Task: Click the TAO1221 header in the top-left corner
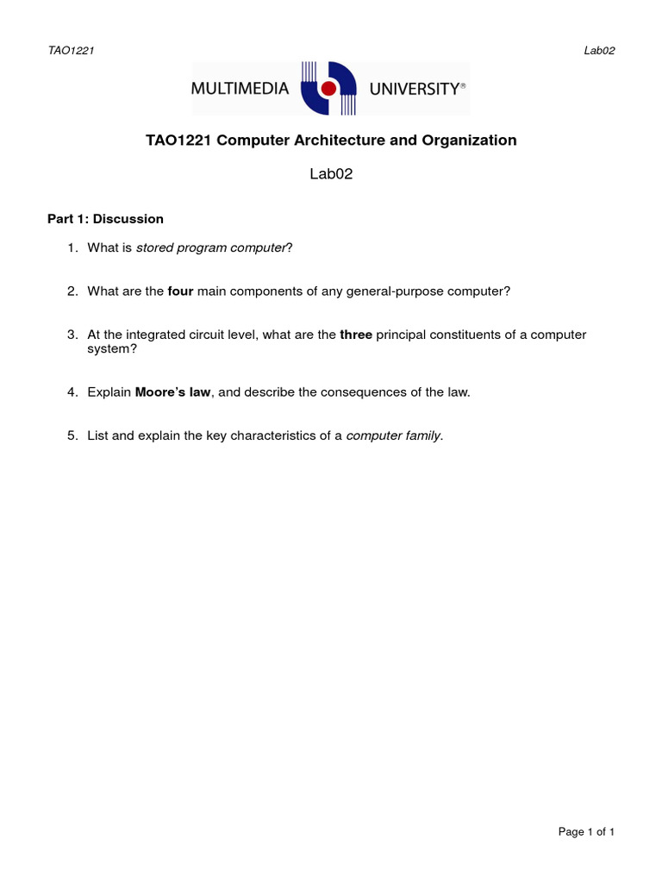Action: click(71, 50)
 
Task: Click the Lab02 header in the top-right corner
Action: click(599, 50)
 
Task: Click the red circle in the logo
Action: click(328, 89)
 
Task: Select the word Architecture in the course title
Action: click(328, 141)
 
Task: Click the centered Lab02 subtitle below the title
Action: click(331, 174)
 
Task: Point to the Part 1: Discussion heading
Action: click(105, 219)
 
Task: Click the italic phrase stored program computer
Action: click(211, 248)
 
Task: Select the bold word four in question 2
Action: click(180, 291)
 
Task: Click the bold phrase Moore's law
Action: click(172, 392)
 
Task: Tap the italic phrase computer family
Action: click(393, 435)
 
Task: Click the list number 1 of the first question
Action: click(72, 248)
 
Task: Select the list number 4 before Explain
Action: click(72, 392)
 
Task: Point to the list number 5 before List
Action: click(72, 435)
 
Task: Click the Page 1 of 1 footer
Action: click(586, 832)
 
